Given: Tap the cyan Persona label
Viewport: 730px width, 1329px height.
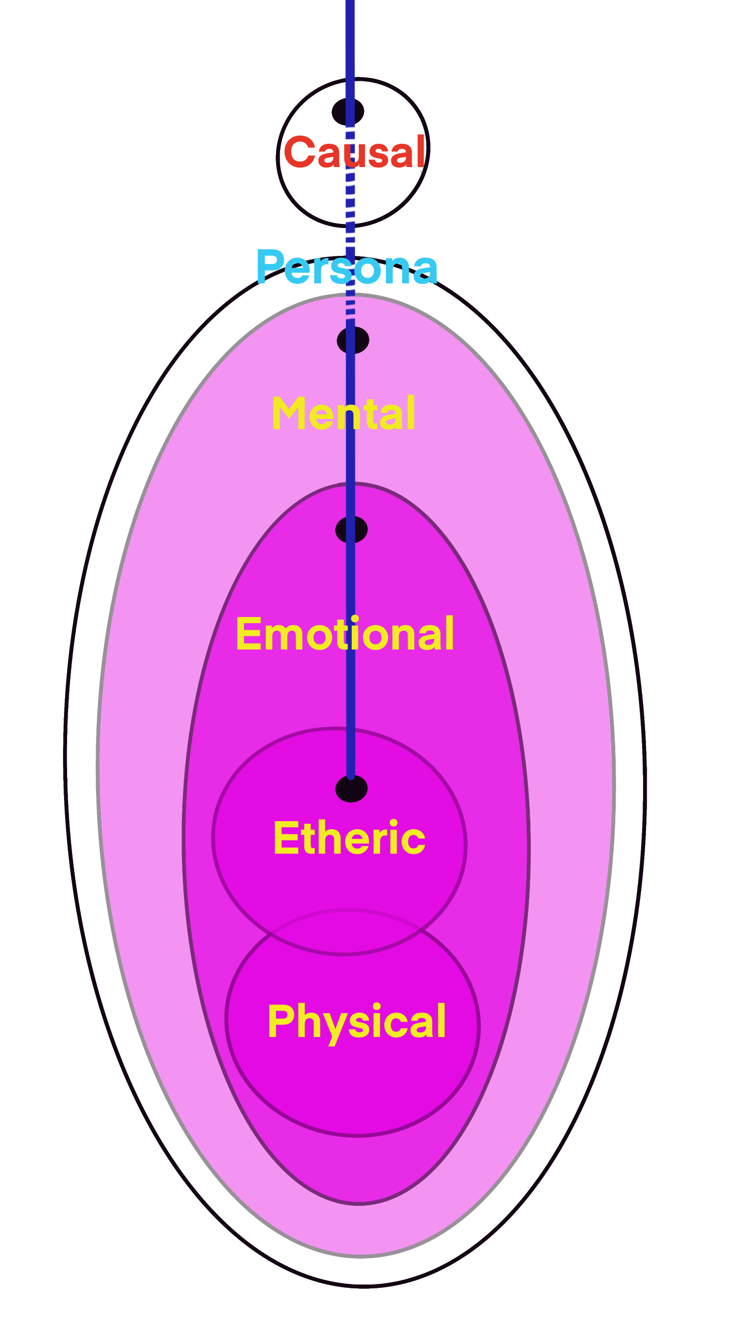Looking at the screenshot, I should coord(347,268).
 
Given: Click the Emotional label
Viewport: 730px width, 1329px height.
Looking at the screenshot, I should coord(345,634).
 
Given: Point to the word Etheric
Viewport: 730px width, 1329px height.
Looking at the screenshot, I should coord(349,838).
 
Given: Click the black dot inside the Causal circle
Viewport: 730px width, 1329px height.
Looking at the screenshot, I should coord(347,111).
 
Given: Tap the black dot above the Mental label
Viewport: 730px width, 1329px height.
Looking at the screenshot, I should coord(353,340).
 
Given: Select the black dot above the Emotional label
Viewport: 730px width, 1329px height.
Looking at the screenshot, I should coord(352,530).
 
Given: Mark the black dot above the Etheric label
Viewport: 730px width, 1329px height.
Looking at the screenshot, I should coord(352,789).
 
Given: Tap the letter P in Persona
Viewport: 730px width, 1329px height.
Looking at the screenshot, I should coord(269,266).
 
